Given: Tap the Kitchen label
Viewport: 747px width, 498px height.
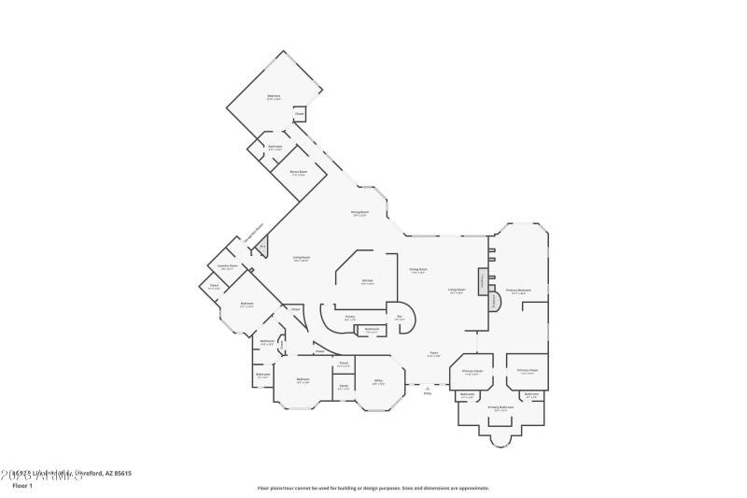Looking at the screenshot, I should tap(367, 281).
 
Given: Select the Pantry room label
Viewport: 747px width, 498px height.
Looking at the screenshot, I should tap(349, 318).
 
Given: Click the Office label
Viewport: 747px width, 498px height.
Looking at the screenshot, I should tap(378, 381).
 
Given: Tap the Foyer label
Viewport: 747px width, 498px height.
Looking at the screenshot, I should tap(434, 354).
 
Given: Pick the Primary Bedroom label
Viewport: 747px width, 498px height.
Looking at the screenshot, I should tap(518, 292).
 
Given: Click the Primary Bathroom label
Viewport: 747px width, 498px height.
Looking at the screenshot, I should tap(500, 408).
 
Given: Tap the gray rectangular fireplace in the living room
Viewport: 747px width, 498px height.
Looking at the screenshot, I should tap(482, 282).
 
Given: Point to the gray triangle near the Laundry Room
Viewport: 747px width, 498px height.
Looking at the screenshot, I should tap(263, 247).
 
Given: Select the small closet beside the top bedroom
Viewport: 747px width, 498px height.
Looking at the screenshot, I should tap(299, 114).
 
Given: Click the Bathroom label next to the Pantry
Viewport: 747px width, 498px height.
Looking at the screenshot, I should tap(372, 329).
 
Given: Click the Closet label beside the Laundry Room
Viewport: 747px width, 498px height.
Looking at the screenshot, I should tap(214, 286).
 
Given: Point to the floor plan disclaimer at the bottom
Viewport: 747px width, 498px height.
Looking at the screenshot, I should tap(373, 488).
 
